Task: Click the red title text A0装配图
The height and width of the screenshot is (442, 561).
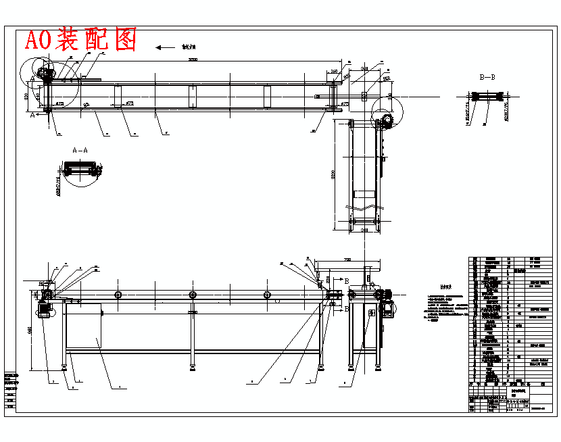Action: click(x=80, y=40)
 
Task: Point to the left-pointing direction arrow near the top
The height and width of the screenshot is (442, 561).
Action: click(x=164, y=47)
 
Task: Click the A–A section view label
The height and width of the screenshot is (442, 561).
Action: click(x=80, y=150)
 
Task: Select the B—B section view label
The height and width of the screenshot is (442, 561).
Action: click(x=487, y=78)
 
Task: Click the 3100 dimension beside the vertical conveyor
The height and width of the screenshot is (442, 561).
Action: click(x=333, y=175)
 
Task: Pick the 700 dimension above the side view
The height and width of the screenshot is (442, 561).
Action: click(x=347, y=260)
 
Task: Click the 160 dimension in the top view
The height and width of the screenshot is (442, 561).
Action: click(x=335, y=71)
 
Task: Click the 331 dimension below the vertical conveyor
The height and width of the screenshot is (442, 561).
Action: click(x=364, y=231)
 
